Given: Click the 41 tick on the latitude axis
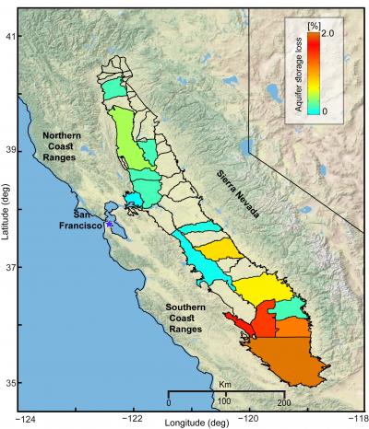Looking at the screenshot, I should (14, 36).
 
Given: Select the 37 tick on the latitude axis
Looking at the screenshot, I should (14, 267).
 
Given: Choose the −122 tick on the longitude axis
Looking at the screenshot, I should (133, 416).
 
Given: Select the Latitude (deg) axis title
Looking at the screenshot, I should (5, 212).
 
